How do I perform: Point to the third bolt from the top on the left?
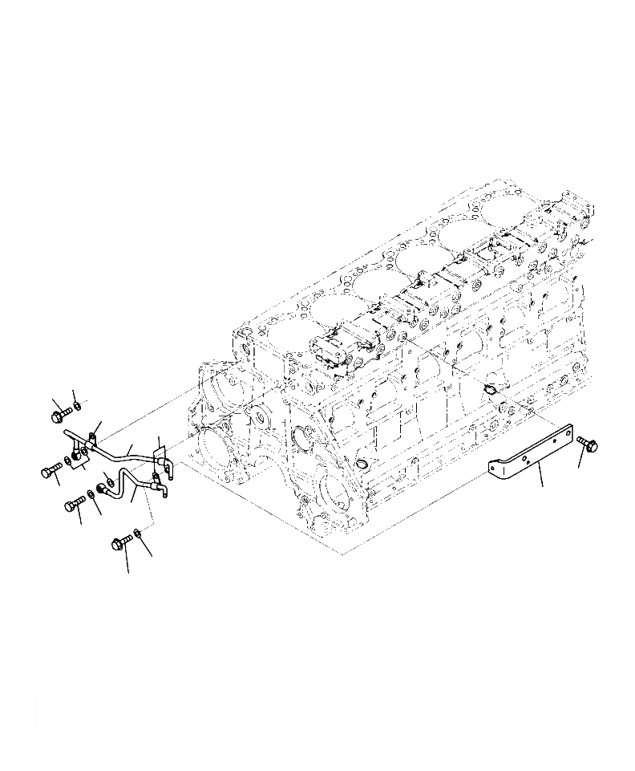coord(75,504)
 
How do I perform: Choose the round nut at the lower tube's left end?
coord(103,488)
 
